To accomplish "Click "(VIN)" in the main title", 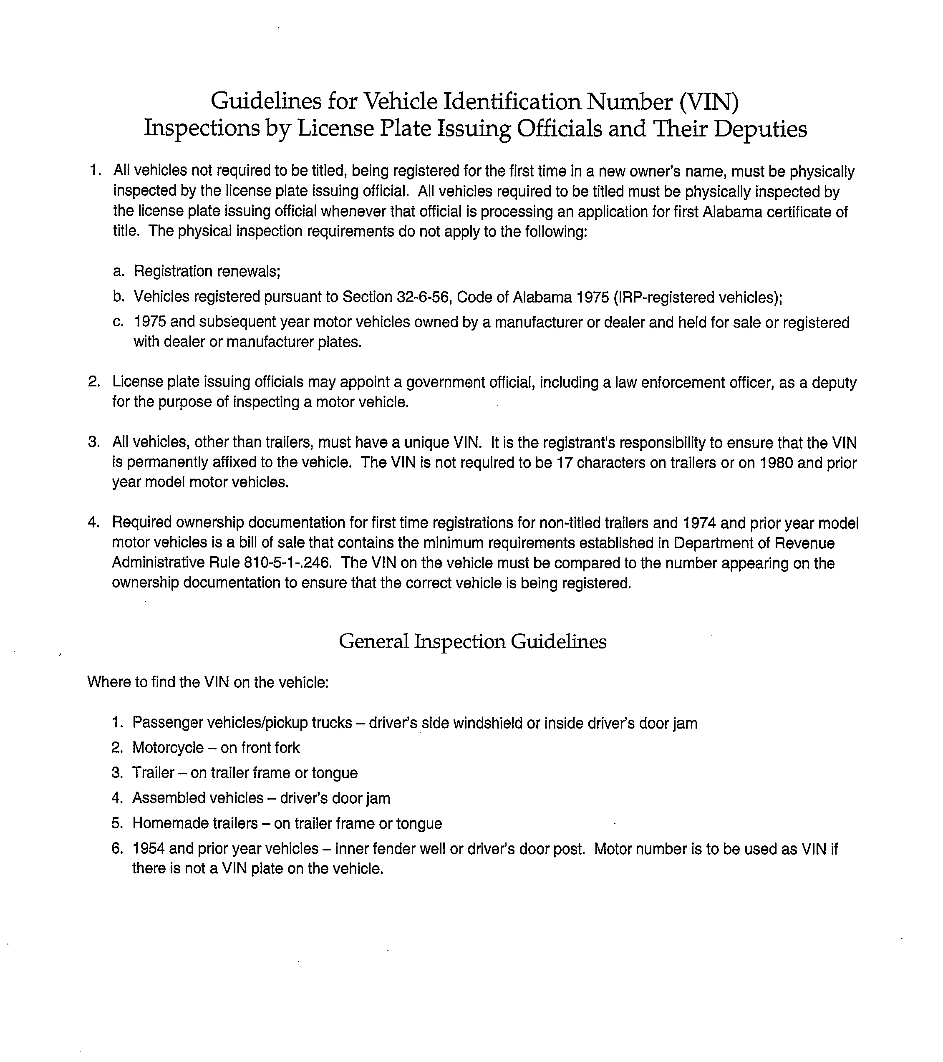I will coord(709,101).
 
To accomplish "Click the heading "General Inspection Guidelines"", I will coord(472,642).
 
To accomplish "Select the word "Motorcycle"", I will coord(168,748).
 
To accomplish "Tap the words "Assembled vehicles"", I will coord(198,798).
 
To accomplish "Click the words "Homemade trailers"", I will coord(195,823).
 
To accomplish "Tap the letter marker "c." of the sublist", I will coord(119,322).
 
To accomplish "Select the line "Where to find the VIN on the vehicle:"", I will coord(208,682).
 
